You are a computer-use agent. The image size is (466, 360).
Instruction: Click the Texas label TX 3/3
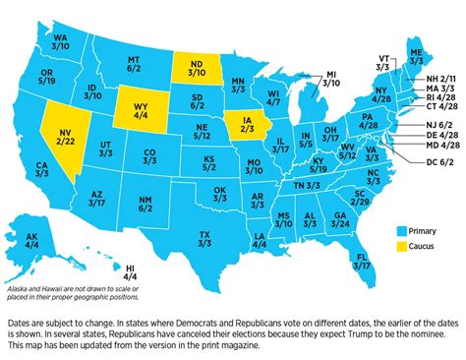(x=204, y=239)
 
